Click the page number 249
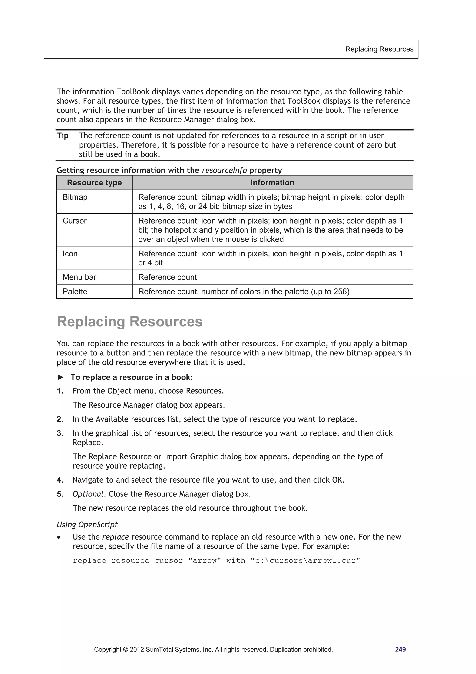click(400, 649)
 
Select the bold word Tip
click(63, 136)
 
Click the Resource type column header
click(94, 183)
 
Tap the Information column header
click(272, 183)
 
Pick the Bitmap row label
click(75, 197)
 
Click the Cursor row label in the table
click(75, 221)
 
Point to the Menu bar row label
click(79, 277)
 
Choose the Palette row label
click(75, 292)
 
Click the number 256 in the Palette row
click(340, 292)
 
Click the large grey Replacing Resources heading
click(129, 322)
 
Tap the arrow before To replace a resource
click(60, 377)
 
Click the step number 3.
click(60, 433)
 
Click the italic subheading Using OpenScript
click(87, 525)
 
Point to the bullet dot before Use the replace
click(59, 537)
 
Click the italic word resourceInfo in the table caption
click(224, 170)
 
